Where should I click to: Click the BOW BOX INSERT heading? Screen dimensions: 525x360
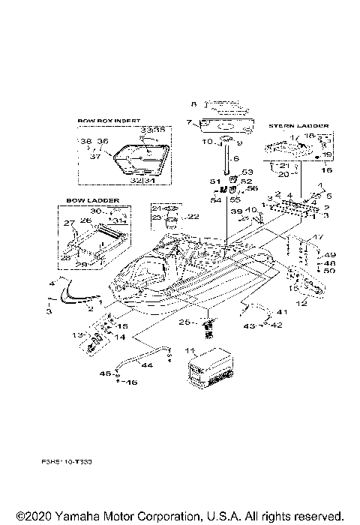[x=109, y=120]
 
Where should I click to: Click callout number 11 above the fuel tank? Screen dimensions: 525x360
[x=190, y=351]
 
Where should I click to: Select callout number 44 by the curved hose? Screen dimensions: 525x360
[x=146, y=365]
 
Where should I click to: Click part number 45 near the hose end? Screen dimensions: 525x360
[x=106, y=373]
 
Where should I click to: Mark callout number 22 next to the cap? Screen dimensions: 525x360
[x=193, y=217]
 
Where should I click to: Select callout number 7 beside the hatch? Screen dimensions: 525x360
[x=190, y=122]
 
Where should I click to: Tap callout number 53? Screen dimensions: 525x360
[x=248, y=172]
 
